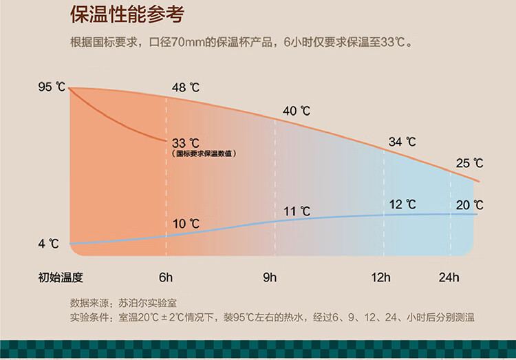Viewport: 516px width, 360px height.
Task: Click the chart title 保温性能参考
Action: click(127, 16)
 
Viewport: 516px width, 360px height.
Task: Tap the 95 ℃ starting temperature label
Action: click(52, 87)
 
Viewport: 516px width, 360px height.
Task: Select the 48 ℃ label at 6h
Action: click(185, 87)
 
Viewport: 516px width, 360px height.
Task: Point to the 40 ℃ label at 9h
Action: click(296, 110)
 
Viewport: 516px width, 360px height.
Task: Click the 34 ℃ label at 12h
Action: click(402, 142)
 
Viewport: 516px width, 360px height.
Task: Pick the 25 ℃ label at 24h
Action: click(469, 163)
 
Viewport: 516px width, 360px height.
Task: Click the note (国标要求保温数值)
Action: click(204, 153)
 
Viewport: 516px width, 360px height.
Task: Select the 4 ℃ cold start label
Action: click(48, 244)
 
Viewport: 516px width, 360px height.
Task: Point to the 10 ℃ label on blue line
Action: click(186, 224)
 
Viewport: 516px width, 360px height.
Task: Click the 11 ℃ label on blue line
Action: click(297, 211)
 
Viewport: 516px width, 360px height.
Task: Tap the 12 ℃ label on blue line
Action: click(402, 204)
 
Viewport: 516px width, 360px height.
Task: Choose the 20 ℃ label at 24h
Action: click(469, 205)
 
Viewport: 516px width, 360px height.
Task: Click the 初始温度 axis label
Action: click(61, 278)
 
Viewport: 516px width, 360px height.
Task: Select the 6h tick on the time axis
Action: click(166, 278)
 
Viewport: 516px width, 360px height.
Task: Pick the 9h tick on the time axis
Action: click(269, 278)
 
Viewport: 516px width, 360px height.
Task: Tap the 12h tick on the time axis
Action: click(380, 278)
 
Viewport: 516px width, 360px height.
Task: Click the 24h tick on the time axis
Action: click(449, 278)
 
